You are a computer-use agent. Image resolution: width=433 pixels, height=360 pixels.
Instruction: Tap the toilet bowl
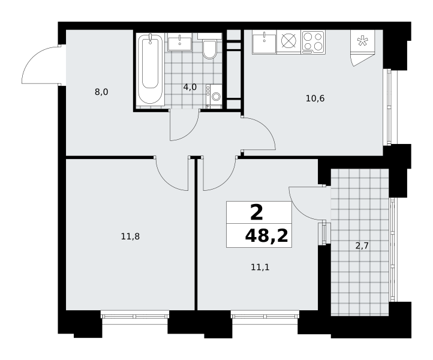[209, 46]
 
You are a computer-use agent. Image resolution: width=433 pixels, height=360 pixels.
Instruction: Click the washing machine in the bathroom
[214, 95]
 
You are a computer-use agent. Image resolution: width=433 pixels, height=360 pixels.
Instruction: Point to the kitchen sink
[264, 42]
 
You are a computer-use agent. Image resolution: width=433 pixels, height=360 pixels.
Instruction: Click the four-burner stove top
[313, 42]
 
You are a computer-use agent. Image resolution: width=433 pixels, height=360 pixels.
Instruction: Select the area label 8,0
[101, 92]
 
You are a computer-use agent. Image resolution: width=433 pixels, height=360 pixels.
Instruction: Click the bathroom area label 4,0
[190, 88]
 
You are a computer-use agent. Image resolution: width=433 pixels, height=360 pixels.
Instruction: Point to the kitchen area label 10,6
[315, 98]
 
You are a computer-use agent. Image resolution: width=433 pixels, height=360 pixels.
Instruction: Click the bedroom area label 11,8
[130, 236]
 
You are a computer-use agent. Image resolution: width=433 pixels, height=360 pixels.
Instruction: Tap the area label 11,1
[260, 267]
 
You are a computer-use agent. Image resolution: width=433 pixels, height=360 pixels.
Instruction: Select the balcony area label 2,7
[362, 245]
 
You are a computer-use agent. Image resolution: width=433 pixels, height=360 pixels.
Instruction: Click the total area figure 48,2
[266, 236]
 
